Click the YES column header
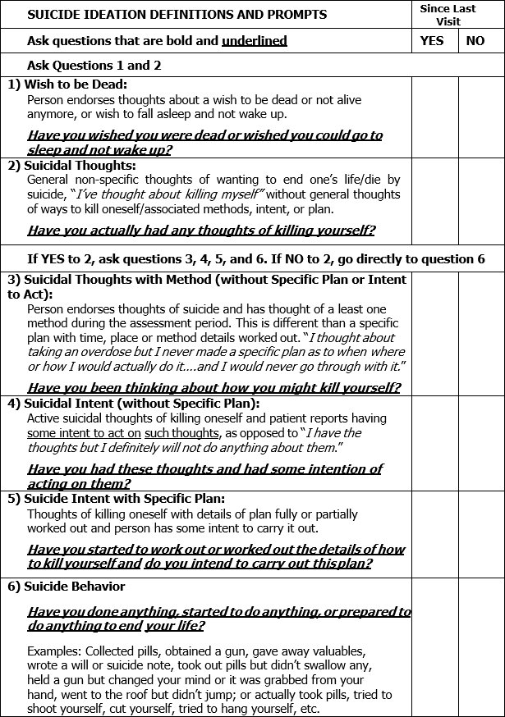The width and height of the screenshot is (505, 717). [x=432, y=41]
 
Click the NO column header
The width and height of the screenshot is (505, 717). [x=475, y=41]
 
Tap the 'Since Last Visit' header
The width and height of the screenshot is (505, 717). [x=452, y=15]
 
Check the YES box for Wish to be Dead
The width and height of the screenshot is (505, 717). [x=434, y=117]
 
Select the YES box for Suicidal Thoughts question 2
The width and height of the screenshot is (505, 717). [x=434, y=200]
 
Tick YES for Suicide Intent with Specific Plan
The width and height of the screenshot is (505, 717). [x=434, y=534]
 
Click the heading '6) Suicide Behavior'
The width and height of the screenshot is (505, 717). [x=67, y=587]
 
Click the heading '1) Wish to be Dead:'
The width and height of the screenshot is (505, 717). [x=68, y=84]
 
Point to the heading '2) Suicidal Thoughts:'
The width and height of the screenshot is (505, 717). [x=72, y=166]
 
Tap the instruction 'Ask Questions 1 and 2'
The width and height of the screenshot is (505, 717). [x=94, y=65]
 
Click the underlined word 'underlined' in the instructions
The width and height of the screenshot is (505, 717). [x=254, y=41]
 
